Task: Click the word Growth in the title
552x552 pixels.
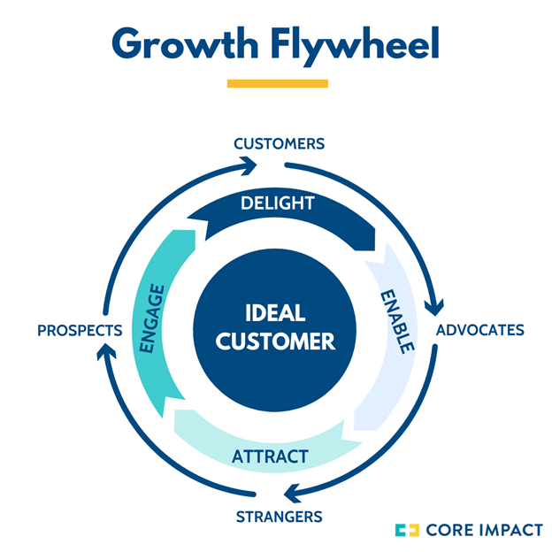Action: (x=183, y=43)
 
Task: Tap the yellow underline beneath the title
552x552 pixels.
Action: (x=277, y=84)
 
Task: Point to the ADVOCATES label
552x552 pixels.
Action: (x=481, y=330)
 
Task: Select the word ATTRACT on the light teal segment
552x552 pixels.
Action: (x=270, y=456)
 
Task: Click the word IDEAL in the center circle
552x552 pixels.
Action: (x=275, y=314)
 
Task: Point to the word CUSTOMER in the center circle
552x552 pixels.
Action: (x=276, y=341)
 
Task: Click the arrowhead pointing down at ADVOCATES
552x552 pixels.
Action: (x=434, y=307)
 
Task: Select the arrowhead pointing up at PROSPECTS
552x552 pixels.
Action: (x=103, y=351)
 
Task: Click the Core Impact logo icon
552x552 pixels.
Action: (x=408, y=530)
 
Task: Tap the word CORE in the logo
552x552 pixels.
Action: (x=448, y=530)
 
